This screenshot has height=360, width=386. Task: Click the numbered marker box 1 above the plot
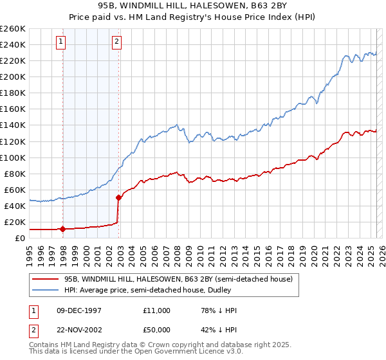tap(62, 42)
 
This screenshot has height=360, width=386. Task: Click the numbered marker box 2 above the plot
tap(116, 42)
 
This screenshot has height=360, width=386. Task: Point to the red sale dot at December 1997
tap(62, 228)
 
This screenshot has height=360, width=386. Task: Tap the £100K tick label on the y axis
tap(13, 157)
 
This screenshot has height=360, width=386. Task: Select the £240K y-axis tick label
tap(13, 44)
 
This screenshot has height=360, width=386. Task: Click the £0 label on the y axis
tap(20, 238)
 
